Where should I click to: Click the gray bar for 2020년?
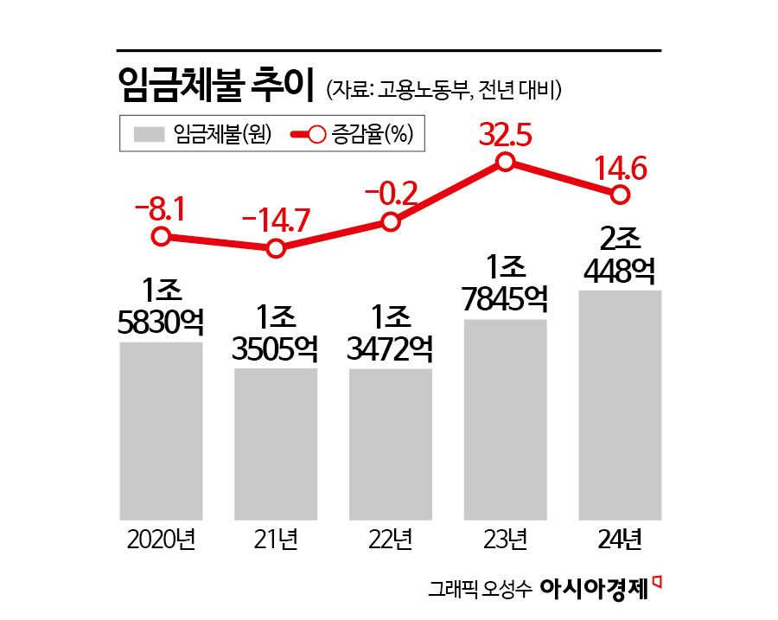pyautogui.click(x=161, y=430)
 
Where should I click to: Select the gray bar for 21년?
pyautogui.click(x=276, y=443)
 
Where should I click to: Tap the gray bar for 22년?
pyautogui.click(x=390, y=443)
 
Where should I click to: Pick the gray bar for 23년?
pyautogui.click(x=506, y=419)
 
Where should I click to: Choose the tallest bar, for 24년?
pyautogui.click(x=620, y=404)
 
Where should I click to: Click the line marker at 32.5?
pyautogui.click(x=507, y=162)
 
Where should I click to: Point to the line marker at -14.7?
pyautogui.click(x=276, y=249)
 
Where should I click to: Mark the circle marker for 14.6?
pyautogui.click(x=620, y=195)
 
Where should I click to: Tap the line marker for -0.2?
pyautogui.click(x=391, y=222)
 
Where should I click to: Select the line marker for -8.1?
pyautogui.click(x=161, y=236)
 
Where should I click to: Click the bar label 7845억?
pyautogui.click(x=506, y=299)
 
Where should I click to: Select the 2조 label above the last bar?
pyautogui.click(x=620, y=240)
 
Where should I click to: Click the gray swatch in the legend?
pyautogui.click(x=149, y=134)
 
